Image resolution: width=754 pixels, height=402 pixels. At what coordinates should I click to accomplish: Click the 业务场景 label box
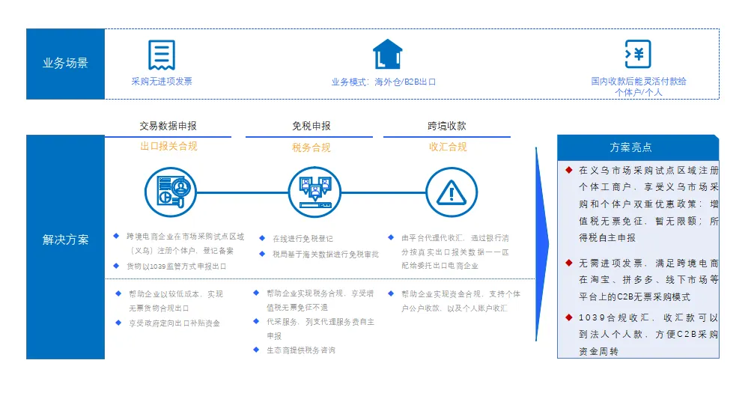pyautogui.click(x=65, y=64)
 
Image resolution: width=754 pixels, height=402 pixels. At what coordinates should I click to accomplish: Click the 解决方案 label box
pyautogui.click(x=65, y=240)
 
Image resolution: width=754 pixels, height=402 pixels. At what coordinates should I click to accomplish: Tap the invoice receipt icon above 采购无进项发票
pyautogui.click(x=162, y=55)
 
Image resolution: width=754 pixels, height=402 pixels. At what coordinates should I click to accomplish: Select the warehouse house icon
pyautogui.click(x=388, y=55)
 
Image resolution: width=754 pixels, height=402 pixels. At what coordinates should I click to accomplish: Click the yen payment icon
pyautogui.click(x=638, y=55)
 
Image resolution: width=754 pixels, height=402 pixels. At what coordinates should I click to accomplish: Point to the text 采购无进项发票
pyautogui.click(x=162, y=81)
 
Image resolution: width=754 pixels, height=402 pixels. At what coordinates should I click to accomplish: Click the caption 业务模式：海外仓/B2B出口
pyautogui.click(x=383, y=82)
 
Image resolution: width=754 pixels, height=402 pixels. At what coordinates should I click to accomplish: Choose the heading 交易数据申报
pyautogui.click(x=168, y=126)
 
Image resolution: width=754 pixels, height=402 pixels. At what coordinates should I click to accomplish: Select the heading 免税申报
pyautogui.click(x=311, y=126)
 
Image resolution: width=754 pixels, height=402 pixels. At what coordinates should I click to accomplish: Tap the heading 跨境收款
pyautogui.click(x=447, y=126)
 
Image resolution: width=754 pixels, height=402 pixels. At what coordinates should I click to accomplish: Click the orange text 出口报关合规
pyautogui.click(x=168, y=147)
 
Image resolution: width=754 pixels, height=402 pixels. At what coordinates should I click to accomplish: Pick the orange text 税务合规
pyautogui.click(x=311, y=147)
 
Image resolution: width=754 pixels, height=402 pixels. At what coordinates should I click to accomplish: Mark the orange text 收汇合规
pyautogui.click(x=448, y=147)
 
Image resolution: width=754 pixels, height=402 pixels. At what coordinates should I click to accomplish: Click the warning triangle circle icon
pyautogui.click(x=452, y=193)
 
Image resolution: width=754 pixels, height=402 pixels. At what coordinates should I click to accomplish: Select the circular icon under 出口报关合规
pyautogui.click(x=171, y=193)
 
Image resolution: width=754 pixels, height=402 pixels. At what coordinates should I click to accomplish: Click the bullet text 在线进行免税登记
pyautogui.click(x=303, y=239)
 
